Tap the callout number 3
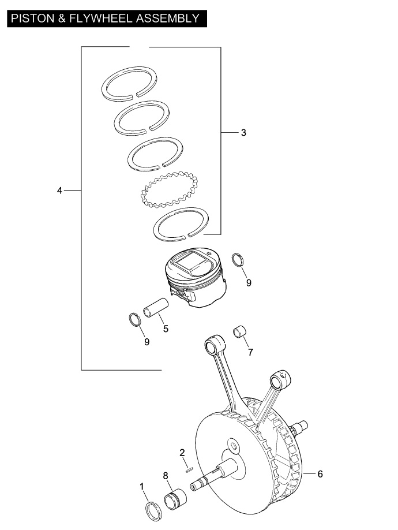point(243,133)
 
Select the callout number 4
point(59,191)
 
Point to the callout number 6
point(320,474)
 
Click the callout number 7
point(250,352)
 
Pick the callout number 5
point(166,329)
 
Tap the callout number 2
point(182,453)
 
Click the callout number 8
point(166,476)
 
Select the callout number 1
point(142,486)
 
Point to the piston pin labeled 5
point(156,307)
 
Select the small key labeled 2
point(189,469)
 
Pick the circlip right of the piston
point(234,259)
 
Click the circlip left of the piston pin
point(131,319)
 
